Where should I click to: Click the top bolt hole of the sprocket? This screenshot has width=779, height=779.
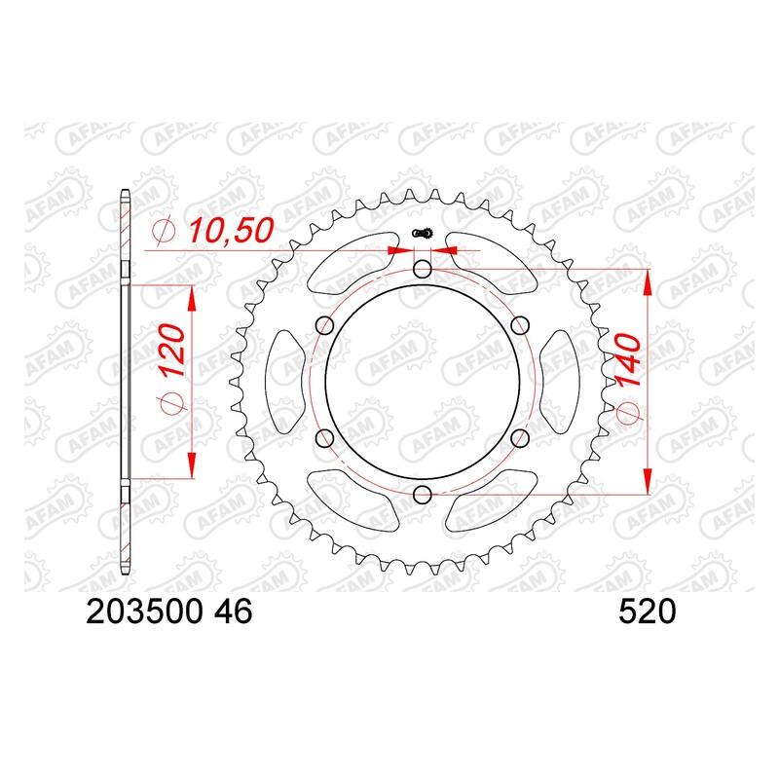tap(422, 269)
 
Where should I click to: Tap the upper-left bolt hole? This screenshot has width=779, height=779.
tap(324, 326)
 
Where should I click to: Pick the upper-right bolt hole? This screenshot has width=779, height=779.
tap(519, 326)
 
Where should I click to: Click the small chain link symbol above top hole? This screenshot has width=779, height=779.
tap(422, 234)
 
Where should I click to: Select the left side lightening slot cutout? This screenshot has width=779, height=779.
tap(284, 382)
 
